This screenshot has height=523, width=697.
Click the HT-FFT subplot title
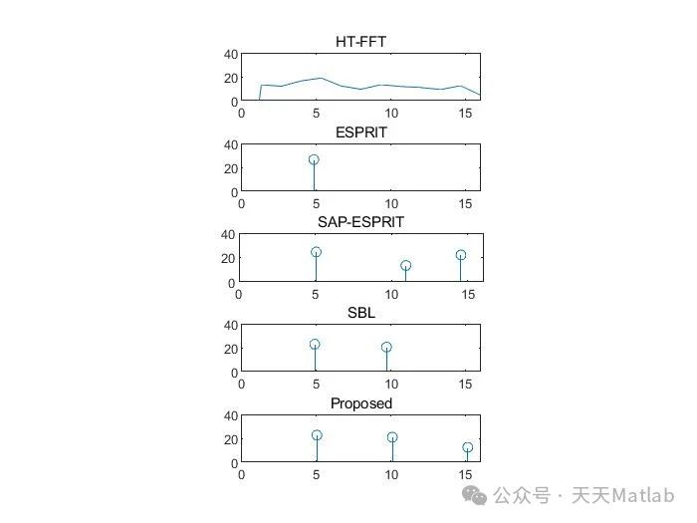pos(359,41)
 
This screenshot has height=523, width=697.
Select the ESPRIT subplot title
pos(361,131)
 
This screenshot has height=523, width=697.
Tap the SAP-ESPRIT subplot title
pos(359,221)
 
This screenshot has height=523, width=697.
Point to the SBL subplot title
pos(361,312)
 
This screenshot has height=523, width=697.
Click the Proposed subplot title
pos(361,402)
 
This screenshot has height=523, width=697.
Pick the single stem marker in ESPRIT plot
pos(314,159)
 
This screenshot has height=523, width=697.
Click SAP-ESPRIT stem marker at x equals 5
pos(316,252)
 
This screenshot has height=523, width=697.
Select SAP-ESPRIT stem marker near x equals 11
pos(405,266)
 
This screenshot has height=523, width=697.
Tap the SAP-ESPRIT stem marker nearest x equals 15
pos(461,255)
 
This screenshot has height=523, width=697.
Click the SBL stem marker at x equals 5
pos(315,344)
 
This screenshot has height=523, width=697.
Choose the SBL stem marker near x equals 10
pos(386,348)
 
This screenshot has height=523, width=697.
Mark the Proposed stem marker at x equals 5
pos(317,435)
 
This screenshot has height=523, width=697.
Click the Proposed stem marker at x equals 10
pos(392,437)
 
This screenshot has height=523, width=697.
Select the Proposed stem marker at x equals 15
pos(467,448)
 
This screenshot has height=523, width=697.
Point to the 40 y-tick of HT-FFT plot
pos(231,54)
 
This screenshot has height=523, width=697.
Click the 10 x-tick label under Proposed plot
pos(390,475)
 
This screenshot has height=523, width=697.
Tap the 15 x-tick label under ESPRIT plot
pos(465,204)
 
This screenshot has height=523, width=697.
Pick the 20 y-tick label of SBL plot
pos(231,349)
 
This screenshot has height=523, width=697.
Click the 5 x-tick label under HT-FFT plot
pos(316,114)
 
